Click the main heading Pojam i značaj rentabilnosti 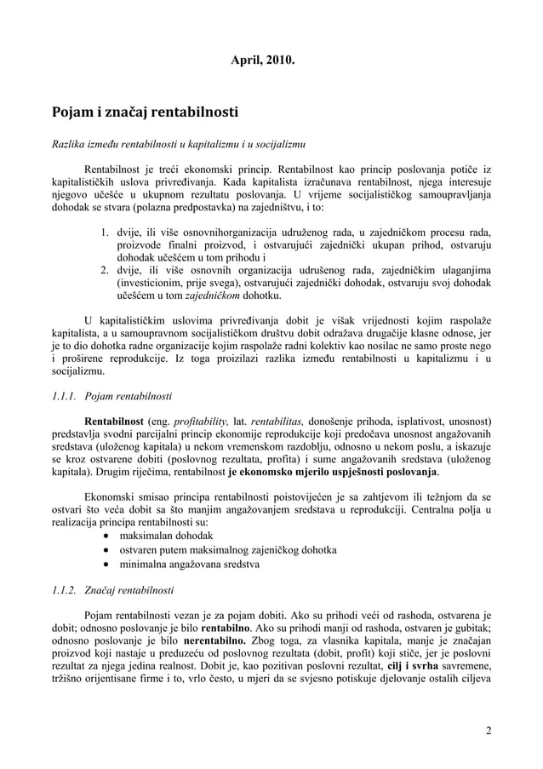click(146, 112)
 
